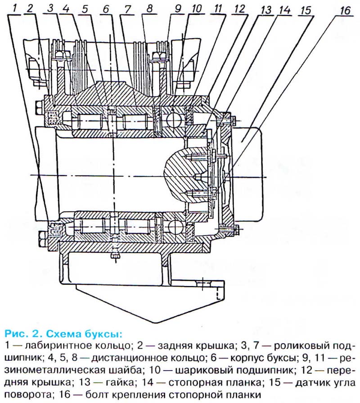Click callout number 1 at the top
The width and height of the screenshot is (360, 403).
pos(15,7)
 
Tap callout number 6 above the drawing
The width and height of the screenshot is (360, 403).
pos(106,8)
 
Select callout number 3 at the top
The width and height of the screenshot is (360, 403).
pos(49,8)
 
